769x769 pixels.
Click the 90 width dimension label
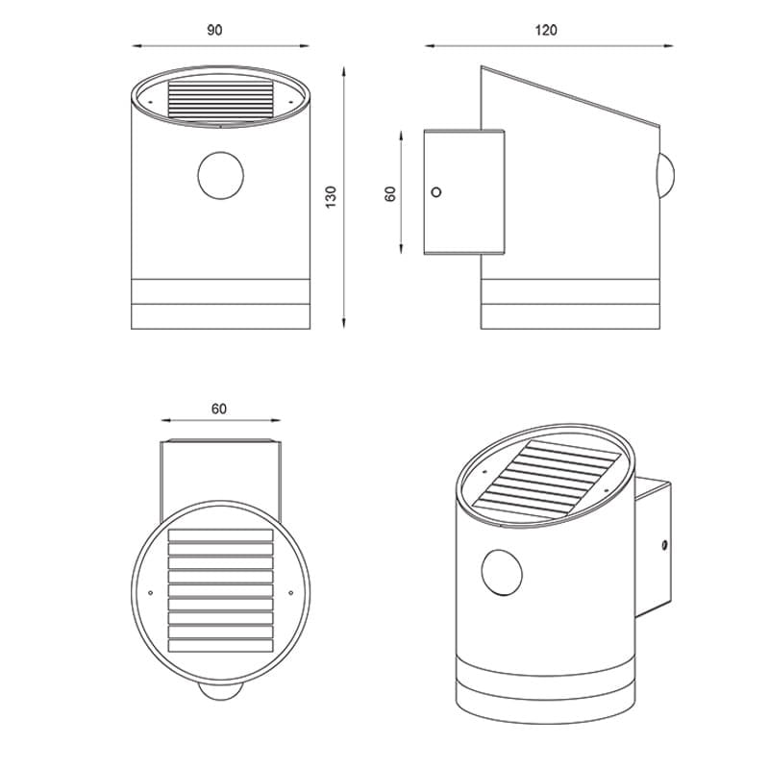tap(214, 31)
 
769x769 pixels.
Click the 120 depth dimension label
tap(546, 31)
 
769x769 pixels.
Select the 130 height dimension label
tap(332, 197)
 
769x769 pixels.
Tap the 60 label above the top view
tap(219, 409)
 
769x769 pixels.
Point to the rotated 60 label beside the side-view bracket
tap(390, 194)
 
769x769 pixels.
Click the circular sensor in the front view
tap(221, 176)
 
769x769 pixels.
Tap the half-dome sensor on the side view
tap(666, 176)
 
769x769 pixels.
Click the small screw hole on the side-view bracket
tap(436, 191)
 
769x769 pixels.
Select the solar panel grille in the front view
tap(220, 100)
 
